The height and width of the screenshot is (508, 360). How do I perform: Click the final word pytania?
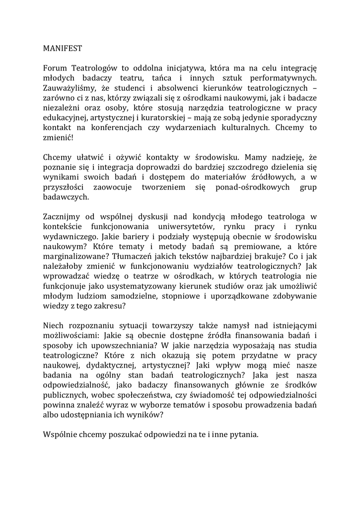242,435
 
